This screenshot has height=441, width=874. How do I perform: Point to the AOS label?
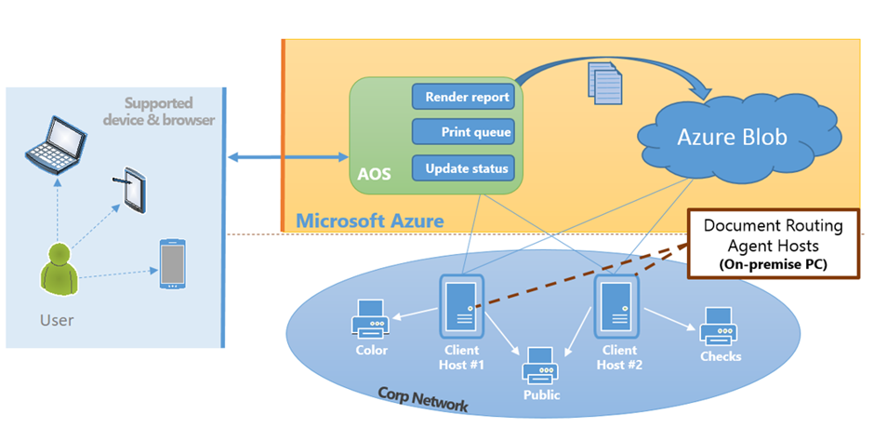coord(374,174)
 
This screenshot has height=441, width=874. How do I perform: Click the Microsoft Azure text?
coord(369,220)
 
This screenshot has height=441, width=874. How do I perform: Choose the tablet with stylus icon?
coord(136,190)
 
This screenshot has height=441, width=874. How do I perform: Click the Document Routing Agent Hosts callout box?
coord(773,244)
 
